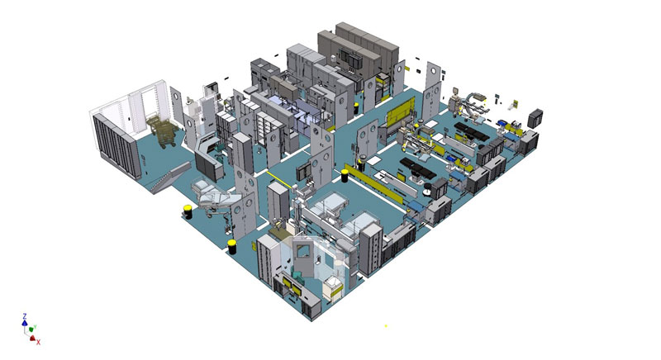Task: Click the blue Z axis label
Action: (25, 315)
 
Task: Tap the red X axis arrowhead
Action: (32, 338)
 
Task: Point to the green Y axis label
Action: (35, 327)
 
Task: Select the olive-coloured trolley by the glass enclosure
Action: (160, 131)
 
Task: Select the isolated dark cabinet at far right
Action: (535, 118)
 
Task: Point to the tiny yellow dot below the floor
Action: (385, 326)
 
